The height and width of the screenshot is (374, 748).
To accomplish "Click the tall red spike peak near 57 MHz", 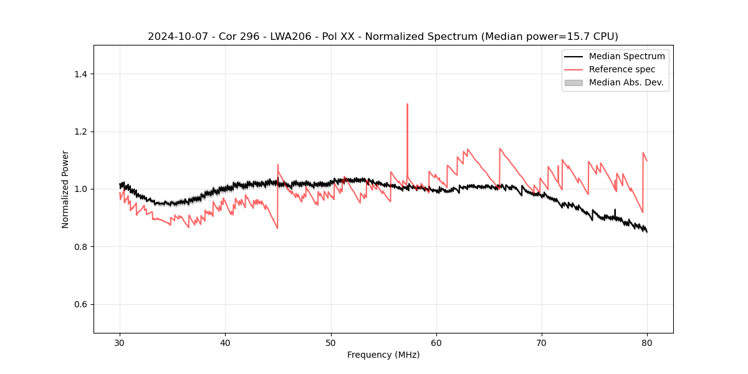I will coord(407,104).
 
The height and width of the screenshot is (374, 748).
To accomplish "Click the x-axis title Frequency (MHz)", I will coord(383,355).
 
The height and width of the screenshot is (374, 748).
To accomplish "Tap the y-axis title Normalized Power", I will coord(65,189).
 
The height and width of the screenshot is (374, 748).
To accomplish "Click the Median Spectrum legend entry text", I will coord(626,56).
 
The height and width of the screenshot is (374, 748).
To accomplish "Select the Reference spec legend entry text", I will coord(622,69).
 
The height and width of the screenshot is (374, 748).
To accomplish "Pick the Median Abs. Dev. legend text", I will coord(626,82).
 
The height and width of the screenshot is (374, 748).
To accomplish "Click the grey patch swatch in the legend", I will coord(573,82).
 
